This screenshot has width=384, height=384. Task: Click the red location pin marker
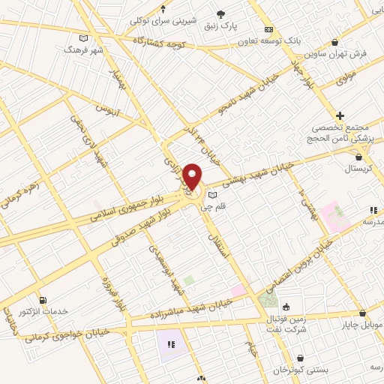click(193, 176)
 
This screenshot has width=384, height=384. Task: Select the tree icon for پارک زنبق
click(220, 13)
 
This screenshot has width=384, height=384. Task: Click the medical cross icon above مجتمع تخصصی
click(340, 115)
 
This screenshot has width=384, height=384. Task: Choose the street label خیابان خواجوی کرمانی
click(67, 334)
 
